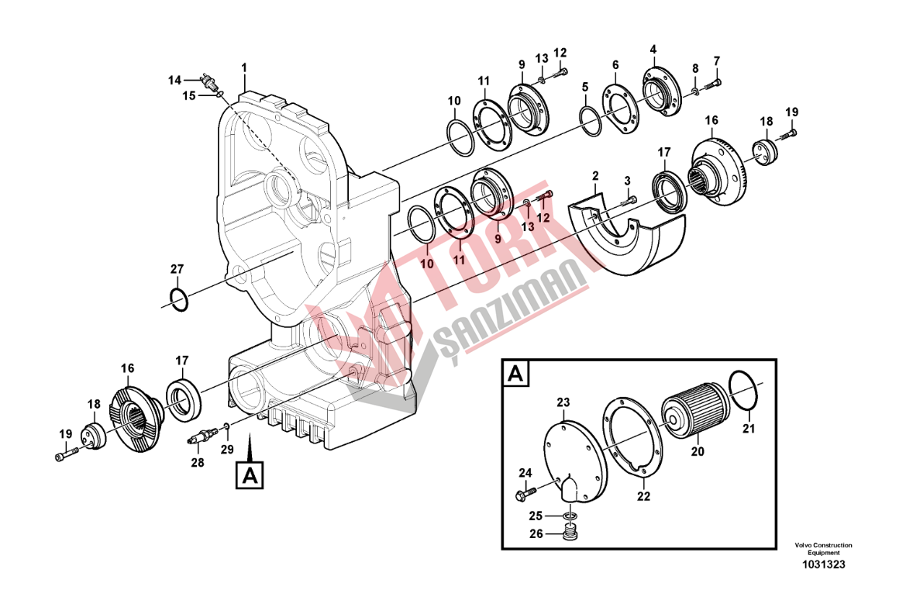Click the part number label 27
pos(177,269)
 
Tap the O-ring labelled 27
pos(178,298)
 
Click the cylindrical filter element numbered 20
pos(694,407)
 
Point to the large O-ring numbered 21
pos(743,390)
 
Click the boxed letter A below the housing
pos(249,474)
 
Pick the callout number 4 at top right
pos(653,50)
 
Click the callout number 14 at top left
pos(174,79)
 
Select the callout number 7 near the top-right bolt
pos(716,60)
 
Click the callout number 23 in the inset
pos(563,402)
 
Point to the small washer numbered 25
pos(569,516)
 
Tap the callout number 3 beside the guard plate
pos(627,181)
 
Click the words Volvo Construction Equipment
pos(822,548)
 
